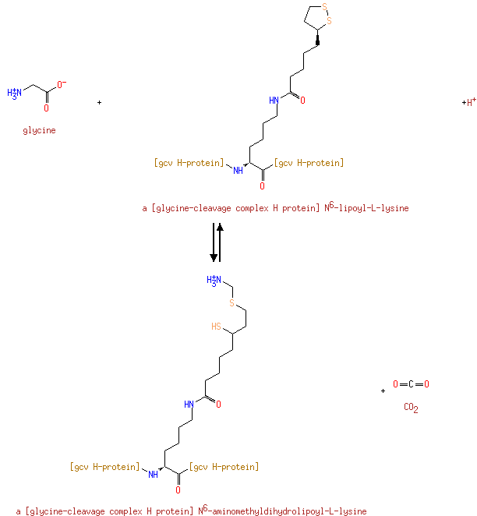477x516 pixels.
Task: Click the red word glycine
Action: click(39, 130)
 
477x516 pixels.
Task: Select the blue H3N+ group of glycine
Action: click(16, 93)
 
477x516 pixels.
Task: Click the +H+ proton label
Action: click(468, 102)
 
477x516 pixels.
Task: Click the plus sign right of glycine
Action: click(99, 102)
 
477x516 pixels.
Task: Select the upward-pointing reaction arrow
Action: click(221, 242)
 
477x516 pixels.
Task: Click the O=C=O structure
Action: click(411, 384)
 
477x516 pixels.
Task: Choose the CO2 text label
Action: click(411, 407)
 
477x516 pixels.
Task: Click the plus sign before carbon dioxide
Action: click(383, 391)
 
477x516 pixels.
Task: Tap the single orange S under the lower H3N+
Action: click(231, 302)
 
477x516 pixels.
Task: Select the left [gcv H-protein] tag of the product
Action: click(104, 467)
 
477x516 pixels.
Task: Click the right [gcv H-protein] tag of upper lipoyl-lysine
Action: click(309, 163)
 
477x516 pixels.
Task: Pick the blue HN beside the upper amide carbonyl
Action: click(274, 100)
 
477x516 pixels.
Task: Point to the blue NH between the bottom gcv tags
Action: click(154, 474)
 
